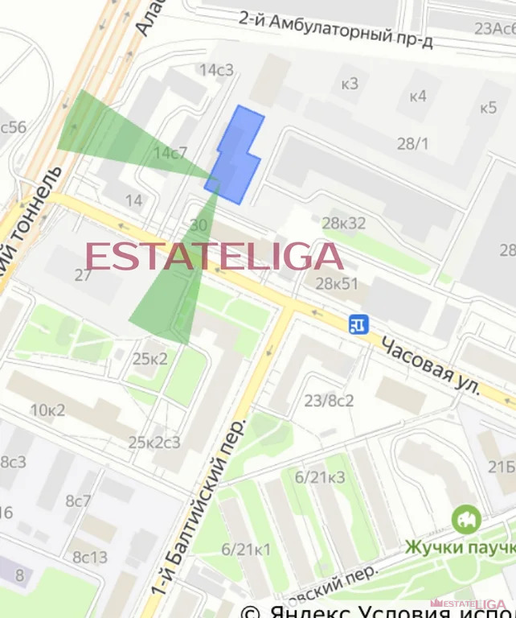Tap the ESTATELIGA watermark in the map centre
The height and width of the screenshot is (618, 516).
214,256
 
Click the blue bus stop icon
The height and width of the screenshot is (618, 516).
358,323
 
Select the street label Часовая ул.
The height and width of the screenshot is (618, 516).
430,365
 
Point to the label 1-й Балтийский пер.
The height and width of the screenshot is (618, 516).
195,515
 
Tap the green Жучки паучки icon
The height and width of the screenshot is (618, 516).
465,519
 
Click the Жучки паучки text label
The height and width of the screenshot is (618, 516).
459,547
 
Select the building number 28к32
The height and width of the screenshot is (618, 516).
343,223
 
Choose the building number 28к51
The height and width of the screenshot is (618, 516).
336,283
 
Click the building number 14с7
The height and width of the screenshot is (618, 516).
170,152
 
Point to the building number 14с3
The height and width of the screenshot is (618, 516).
216,70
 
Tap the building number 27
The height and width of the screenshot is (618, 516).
83,275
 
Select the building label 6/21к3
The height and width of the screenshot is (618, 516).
319,477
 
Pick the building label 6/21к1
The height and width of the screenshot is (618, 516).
245,550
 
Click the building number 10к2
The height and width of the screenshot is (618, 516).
47,409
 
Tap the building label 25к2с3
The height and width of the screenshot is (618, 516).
154,442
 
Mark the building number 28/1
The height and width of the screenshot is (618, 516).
413,143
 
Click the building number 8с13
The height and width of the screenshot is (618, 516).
89,557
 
